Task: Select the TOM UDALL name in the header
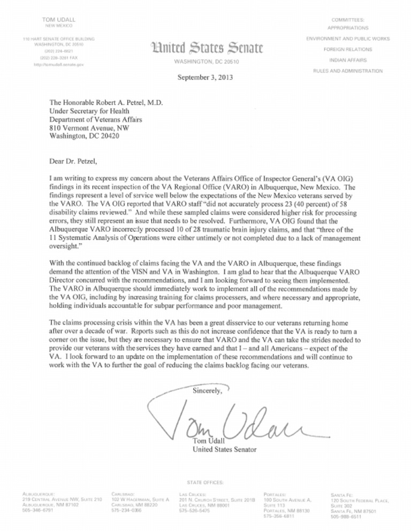58,19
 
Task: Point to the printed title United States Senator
225,449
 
